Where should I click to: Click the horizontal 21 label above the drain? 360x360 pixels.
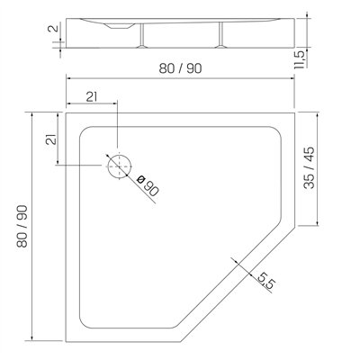pos(92,98)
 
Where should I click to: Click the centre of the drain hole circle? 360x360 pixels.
pos(118,166)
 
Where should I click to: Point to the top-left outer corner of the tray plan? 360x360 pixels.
pos(67,112)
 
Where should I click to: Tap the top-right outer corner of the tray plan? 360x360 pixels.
pos(297,112)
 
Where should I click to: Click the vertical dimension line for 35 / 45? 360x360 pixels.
pos(320,168)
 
